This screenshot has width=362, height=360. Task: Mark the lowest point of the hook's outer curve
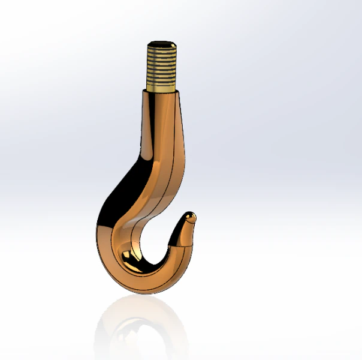(x=144, y=293)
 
